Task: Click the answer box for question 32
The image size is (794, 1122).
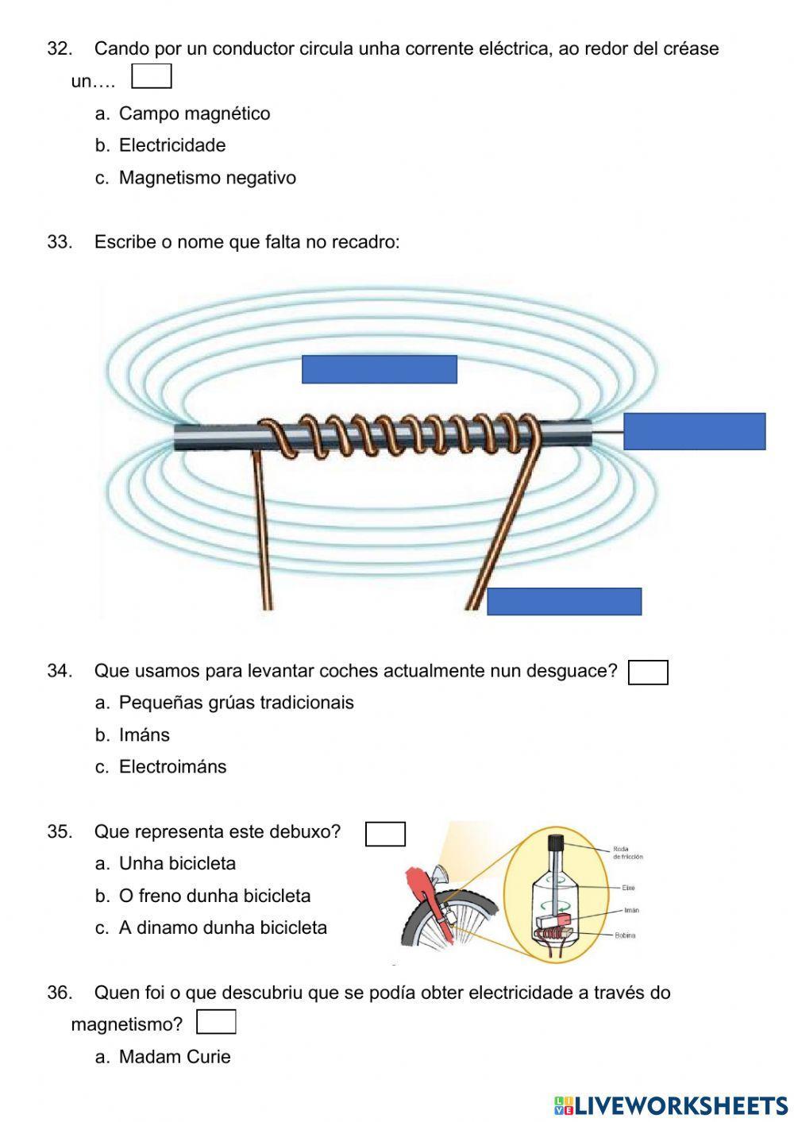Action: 151,77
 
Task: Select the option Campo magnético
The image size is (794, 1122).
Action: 194,114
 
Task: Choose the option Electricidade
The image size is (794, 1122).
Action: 172,145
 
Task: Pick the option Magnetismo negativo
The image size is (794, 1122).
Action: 206,178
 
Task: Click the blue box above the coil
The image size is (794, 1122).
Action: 379,369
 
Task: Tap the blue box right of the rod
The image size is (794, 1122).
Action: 694,431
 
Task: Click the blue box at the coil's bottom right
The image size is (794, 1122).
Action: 564,602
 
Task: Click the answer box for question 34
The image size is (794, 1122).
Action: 648,673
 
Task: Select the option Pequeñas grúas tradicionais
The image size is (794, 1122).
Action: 236,703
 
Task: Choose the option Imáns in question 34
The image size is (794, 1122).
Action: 144,735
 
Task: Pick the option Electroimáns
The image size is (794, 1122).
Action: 172,767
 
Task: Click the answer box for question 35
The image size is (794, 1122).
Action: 385,834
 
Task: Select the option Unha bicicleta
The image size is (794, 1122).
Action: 176,864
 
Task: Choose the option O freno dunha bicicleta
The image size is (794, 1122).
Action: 214,896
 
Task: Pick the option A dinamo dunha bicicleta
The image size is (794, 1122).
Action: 222,928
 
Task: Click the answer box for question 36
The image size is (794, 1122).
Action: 216,1023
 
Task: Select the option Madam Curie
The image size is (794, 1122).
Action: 174,1057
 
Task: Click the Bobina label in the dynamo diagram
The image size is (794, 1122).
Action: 625,935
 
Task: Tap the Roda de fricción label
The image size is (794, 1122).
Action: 627,853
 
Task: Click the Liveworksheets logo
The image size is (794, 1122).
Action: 671,1105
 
